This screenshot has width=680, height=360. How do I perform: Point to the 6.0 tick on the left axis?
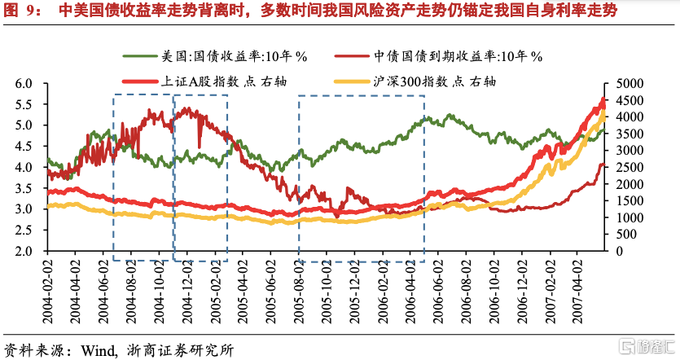click(x=24, y=84)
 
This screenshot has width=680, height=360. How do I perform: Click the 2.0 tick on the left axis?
click(x=24, y=251)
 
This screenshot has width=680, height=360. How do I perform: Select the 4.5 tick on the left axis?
click(x=24, y=147)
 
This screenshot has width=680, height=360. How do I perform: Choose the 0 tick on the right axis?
click(x=611, y=251)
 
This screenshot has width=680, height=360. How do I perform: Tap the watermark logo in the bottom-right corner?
click(x=644, y=346)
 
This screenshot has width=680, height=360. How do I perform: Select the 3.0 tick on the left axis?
click(x=24, y=209)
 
